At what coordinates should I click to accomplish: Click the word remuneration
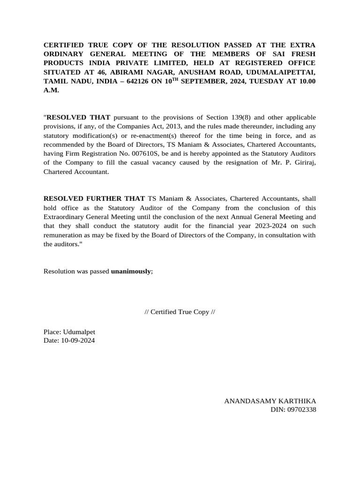(x=64, y=235)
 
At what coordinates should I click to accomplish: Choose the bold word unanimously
(x=131, y=271)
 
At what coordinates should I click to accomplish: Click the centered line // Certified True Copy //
(x=180, y=312)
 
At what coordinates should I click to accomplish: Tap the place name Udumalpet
(x=78, y=332)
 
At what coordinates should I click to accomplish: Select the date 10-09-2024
(x=77, y=341)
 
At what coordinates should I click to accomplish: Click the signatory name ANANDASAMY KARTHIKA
(x=270, y=401)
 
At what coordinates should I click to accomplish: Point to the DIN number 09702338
(x=301, y=410)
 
